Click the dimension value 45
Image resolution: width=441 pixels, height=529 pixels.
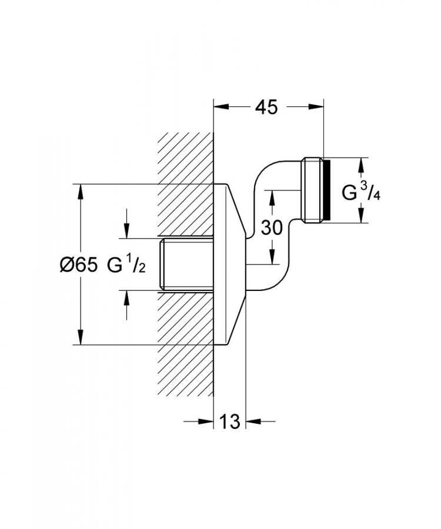(x=266, y=107)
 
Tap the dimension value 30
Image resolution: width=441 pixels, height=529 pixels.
(x=272, y=227)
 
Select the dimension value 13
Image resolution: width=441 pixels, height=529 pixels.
(x=230, y=421)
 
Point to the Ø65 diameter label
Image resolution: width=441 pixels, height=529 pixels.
(x=79, y=265)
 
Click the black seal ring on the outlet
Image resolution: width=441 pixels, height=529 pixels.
(x=326, y=190)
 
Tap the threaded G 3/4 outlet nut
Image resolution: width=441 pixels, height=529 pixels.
(x=313, y=190)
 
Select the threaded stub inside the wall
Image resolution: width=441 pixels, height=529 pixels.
(x=186, y=264)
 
